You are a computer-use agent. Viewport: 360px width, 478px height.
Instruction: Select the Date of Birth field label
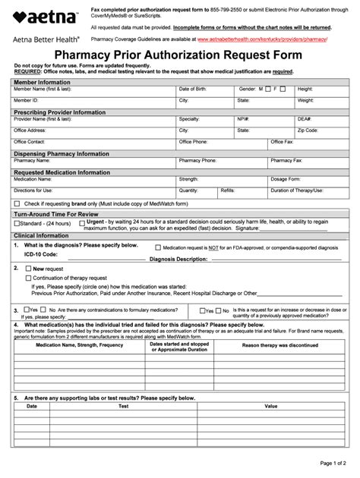tap(193, 89)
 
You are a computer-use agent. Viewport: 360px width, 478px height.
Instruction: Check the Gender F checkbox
tap(283, 89)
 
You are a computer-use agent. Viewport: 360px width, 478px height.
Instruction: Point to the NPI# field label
tap(243, 119)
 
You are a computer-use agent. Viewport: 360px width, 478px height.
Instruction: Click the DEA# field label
tap(304, 119)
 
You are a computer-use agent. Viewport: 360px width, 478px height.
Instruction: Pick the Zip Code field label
tap(308, 130)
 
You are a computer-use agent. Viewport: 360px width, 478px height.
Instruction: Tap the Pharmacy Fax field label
tap(286, 160)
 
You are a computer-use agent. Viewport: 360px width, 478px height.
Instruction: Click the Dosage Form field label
tap(286, 179)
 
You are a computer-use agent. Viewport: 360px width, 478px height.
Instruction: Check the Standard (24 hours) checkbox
tap(17, 224)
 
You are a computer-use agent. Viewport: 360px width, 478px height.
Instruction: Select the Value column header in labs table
tap(271, 406)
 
